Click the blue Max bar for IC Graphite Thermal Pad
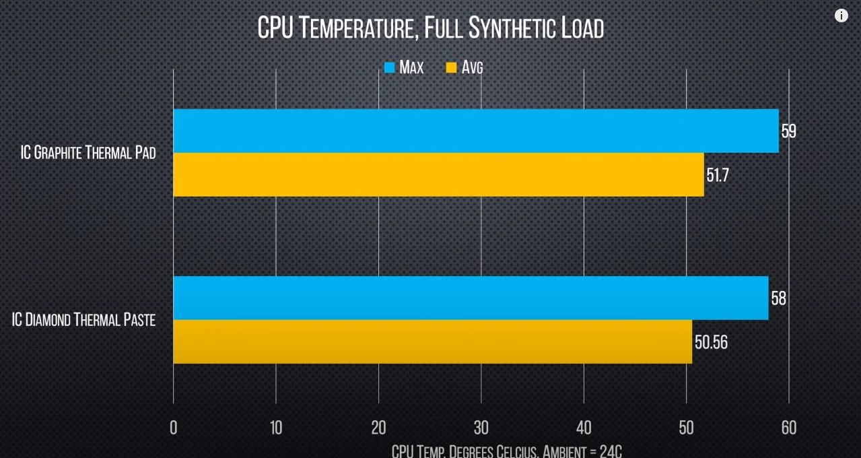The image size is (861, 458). [x=475, y=131]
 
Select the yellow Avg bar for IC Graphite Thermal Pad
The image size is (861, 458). [x=438, y=174]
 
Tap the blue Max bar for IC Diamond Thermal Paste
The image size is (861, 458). [x=471, y=298]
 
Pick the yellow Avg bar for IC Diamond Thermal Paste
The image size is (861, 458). [x=432, y=341]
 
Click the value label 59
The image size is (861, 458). [x=788, y=131]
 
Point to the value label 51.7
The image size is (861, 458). [x=718, y=175]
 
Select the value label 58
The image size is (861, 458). [x=778, y=298]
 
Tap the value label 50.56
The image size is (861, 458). [x=711, y=342]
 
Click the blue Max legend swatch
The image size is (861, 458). [x=389, y=67]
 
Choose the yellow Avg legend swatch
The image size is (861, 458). [x=451, y=67]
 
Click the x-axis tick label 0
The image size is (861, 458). [x=174, y=428]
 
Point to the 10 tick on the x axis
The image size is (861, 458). [x=276, y=428]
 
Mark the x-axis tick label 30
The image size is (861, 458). [x=481, y=428]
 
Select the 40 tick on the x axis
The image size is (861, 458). [x=584, y=428]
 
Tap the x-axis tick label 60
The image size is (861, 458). [x=788, y=428]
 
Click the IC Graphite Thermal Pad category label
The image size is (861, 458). [x=88, y=153]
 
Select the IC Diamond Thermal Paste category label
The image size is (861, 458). [x=83, y=320]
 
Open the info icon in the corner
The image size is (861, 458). [x=841, y=15]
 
